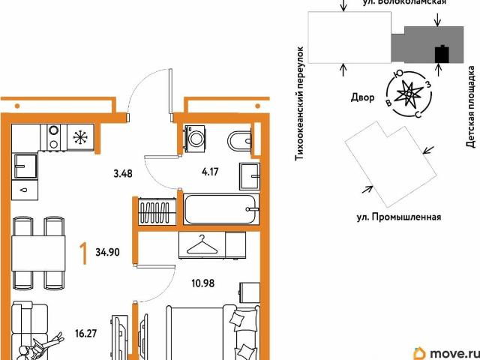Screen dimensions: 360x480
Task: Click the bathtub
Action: pyautogui.click(x=221, y=209)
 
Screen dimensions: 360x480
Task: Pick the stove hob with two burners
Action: pyautogui.click(x=54, y=136)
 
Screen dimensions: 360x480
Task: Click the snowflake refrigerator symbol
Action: pyautogui.click(x=80, y=136)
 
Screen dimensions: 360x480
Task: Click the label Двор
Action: pyautogui.click(x=362, y=97)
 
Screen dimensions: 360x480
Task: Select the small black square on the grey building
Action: pyautogui.click(x=442, y=54)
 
